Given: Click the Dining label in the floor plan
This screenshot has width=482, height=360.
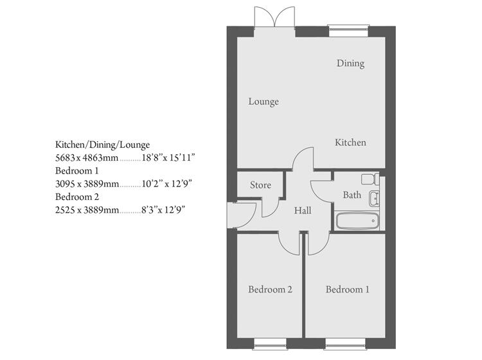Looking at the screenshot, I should (x=350, y=63).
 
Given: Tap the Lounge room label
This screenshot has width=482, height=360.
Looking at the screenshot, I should (x=263, y=102).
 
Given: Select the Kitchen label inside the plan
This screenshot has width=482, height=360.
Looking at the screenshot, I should (x=350, y=142).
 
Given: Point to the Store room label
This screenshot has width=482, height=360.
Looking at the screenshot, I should (x=260, y=185).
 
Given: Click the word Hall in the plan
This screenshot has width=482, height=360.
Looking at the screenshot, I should (x=303, y=210).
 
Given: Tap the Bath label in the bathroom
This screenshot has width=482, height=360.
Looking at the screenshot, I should (x=352, y=195).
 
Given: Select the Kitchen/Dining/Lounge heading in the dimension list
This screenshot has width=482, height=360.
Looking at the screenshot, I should (x=102, y=145).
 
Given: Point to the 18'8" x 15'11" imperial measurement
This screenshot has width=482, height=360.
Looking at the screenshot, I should (x=168, y=157).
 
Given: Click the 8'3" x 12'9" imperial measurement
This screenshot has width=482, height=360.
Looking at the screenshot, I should (x=165, y=210).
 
